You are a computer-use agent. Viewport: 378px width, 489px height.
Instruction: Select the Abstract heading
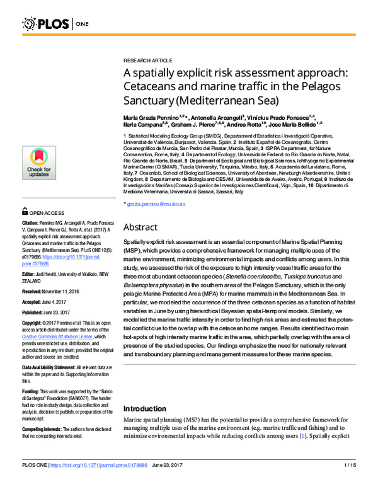[140, 226]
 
